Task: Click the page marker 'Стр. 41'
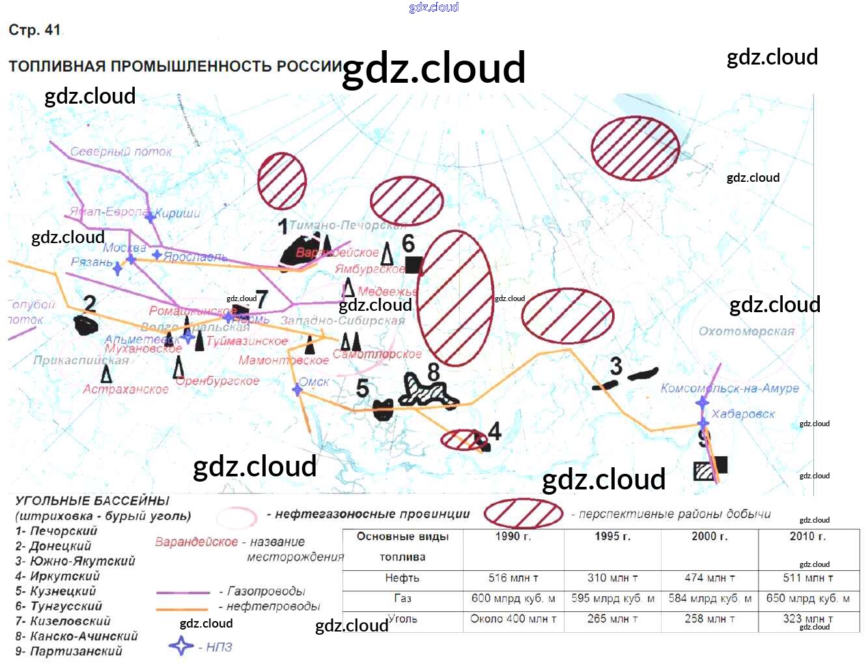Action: click(35, 30)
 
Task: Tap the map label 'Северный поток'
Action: click(121, 151)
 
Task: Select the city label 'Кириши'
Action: click(178, 213)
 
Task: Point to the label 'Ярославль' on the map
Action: click(195, 257)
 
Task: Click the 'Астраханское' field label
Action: click(126, 389)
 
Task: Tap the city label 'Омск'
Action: click(315, 382)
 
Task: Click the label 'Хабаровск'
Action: click(743, 414)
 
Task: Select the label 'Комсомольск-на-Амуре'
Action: click(729, 388)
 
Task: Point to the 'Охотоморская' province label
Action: click(746, 331)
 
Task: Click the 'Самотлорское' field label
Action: click(377, 354)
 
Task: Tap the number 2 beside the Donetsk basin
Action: click(90, 304)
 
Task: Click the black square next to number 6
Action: click(413, 265)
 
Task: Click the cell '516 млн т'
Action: click(513, 578)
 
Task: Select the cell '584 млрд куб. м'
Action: click(710, 598)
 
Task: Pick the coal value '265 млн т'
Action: click(612, 618)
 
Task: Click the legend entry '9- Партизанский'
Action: click(69, 651)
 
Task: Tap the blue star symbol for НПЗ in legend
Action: click(181, 646)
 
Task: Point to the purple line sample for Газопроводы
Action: click(183, 592)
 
